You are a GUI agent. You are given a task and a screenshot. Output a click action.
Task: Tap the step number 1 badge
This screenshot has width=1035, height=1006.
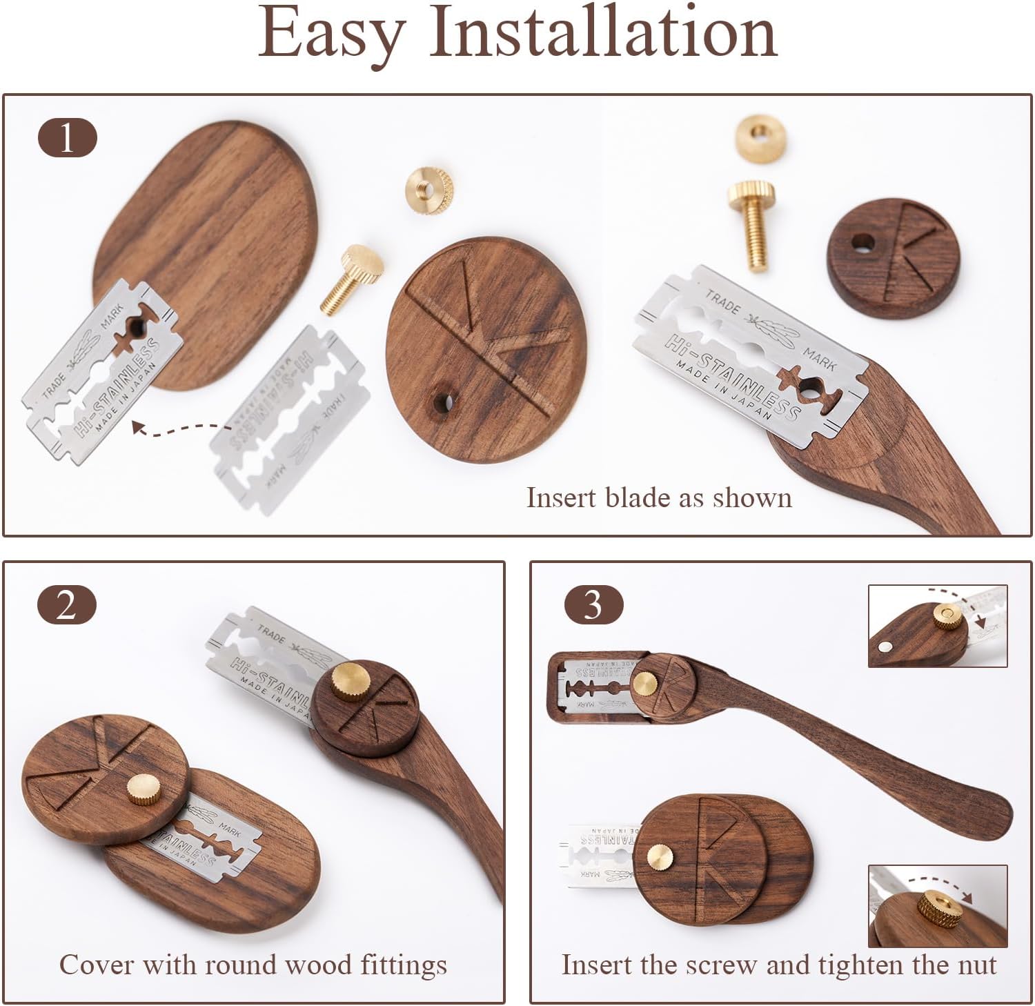click(67, 138)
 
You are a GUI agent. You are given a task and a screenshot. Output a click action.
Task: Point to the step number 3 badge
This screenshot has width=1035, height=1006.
click(593, 605)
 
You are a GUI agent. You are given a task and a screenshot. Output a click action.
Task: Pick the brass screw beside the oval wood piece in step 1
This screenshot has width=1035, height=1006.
click(353, 280)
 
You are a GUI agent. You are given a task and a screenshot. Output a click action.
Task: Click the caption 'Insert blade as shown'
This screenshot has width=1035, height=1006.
click(659, 498)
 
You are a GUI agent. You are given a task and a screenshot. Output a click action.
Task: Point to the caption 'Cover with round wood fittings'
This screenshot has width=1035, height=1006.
click(253, 965)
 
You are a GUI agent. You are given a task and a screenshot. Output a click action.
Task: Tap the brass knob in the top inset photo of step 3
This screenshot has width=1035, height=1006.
click(947, 616)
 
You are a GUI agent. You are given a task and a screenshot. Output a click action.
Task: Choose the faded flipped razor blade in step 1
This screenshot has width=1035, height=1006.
click(290, 421)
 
